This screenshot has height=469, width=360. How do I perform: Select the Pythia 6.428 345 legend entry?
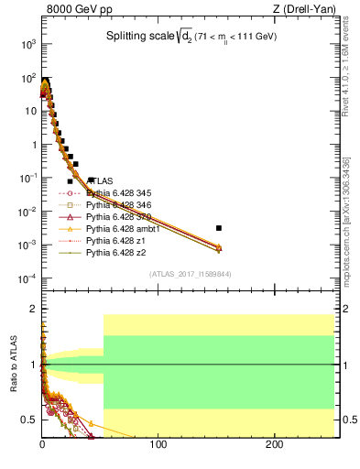click(117, 193)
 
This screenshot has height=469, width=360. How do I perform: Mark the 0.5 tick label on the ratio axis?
click(29, 420)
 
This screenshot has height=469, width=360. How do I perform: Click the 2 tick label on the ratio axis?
click(35, 310)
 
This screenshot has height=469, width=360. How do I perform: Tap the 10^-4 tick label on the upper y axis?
click(27, 278)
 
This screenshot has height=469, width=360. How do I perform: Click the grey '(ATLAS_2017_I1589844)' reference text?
click(189, 273)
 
